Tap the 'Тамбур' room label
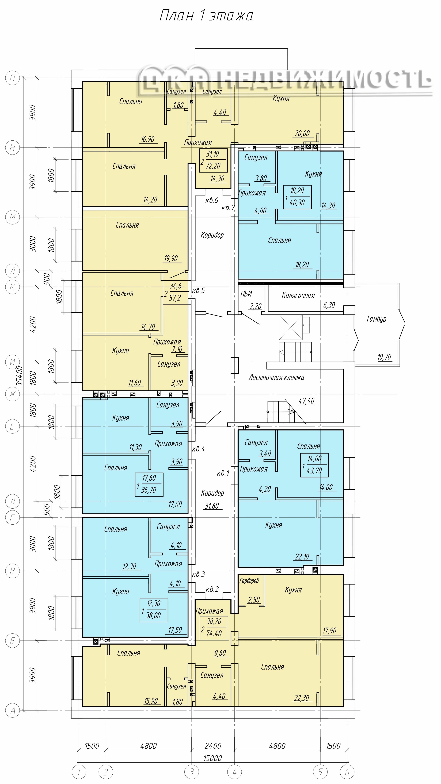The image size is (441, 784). click(x=376, y=319)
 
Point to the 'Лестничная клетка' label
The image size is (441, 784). click(x=276, y=377)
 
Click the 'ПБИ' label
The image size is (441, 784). click(x=246, y=294)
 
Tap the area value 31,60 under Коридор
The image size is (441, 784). click(x=212, y=506)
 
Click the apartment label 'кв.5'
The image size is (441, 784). click(x=198, y=291)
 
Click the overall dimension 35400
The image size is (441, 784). click(x=20, y=376)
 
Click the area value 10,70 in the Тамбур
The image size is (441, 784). click(x=384, y=357)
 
